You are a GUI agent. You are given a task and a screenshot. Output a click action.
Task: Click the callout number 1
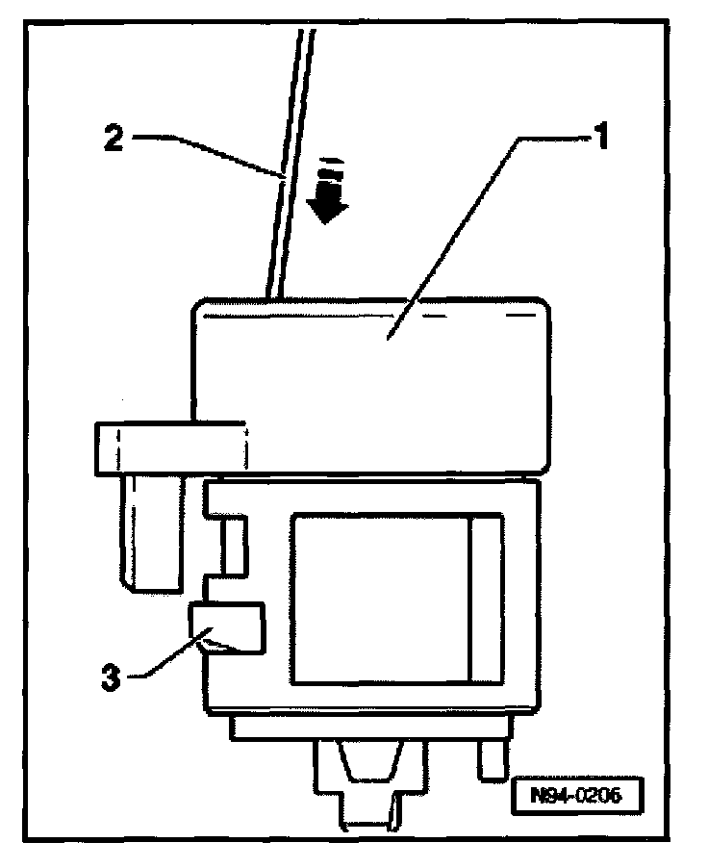click(599, 138)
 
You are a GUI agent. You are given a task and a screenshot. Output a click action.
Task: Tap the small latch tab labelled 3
click(227, 627)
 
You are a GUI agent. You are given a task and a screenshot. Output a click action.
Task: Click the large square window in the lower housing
click(379, 597)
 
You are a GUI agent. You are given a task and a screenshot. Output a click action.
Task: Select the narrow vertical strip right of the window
click(485, 597)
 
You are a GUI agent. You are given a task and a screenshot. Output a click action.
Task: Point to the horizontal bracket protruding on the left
click(169, 448)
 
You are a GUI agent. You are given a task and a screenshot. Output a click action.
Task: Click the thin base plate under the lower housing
click(366, 728)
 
